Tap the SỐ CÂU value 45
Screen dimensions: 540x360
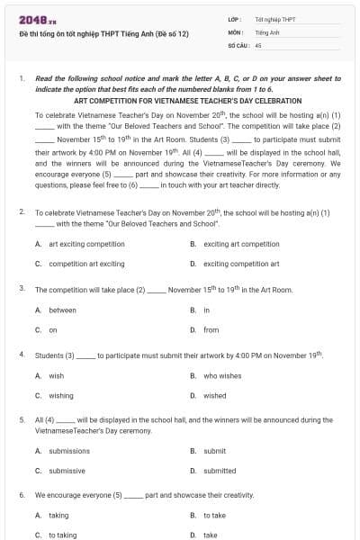coord(258,43)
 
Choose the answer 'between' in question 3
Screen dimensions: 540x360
coord(62,310)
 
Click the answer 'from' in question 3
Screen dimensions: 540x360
coord(211,330)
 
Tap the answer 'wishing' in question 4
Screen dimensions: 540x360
coord(60,395)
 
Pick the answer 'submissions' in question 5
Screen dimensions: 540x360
coord(68,451)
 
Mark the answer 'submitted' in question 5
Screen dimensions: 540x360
coord(219,471)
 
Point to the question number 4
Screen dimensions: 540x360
coord(22,355)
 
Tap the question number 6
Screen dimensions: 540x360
coord(22,495)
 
